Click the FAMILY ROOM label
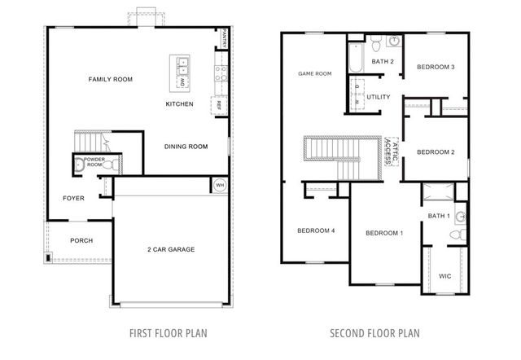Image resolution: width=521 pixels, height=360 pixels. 111,79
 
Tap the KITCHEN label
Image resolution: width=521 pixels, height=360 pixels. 179,104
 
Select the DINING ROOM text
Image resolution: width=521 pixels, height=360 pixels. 184,147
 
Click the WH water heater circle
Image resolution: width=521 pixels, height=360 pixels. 219,185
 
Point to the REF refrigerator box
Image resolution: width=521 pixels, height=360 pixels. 218,104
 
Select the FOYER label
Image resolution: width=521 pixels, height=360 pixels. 73,198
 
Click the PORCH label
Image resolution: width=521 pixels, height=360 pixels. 81,240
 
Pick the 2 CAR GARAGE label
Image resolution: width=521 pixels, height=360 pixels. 171,249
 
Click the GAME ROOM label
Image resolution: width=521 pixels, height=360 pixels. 315,74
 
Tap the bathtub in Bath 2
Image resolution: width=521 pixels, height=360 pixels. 357,59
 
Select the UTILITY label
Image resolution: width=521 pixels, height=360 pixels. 379,97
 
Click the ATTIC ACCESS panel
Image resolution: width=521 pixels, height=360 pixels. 393,151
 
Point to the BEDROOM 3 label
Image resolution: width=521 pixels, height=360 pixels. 436,67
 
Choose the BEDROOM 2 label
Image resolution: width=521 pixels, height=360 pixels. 436,151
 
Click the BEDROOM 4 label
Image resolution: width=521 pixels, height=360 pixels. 316,230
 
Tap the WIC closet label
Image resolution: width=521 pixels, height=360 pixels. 444,275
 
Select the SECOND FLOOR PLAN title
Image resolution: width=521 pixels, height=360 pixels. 375,333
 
